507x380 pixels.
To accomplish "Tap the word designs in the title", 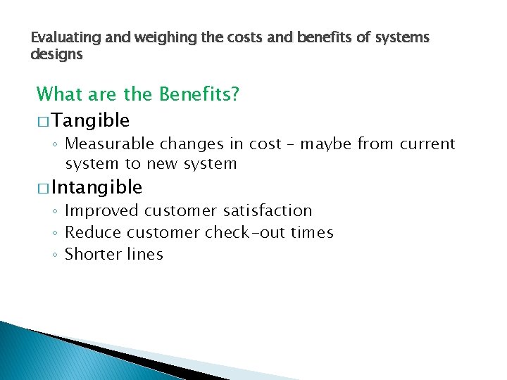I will click(x=57, y=53).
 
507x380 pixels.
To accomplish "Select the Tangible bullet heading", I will click(x=90, y=121).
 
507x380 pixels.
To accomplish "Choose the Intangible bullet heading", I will click(x=96, y=187).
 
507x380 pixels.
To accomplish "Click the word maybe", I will click(x=327, y=144).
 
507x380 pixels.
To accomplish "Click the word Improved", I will click(x=101, y=210).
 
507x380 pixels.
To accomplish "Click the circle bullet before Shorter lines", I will click(x=55, y=255).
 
